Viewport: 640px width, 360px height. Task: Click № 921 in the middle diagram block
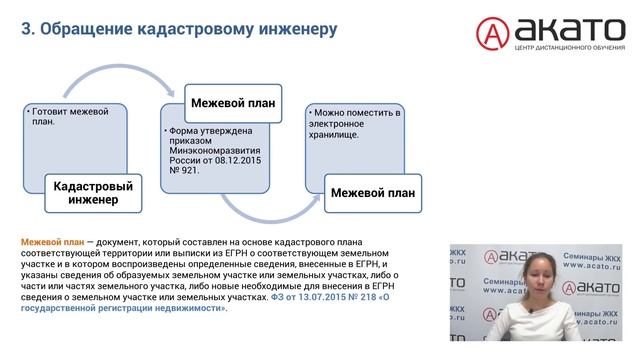187,170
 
